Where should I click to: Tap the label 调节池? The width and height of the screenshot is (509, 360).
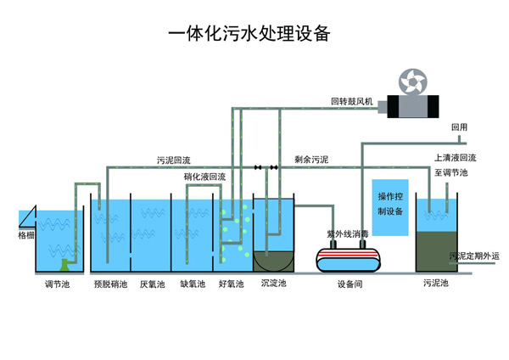coord(57,284)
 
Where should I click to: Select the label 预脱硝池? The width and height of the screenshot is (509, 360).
coord(109,284)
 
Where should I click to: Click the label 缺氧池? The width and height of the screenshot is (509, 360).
coord(193,284)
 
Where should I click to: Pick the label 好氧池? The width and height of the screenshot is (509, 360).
coord(231,284)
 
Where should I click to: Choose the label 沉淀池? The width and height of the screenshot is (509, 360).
coord(274,284)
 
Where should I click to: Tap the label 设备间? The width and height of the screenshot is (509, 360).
coord(350,285)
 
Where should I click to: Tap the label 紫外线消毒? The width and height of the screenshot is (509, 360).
coord(348,233)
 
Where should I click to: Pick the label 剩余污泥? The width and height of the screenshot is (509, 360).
coord(311,159)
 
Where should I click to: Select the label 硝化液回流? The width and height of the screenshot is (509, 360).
coord(204,177)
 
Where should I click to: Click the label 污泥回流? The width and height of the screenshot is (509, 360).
coord(174,160)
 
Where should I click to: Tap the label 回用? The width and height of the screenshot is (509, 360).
coord(459,127)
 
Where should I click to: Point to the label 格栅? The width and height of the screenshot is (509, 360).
coord(26,234)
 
